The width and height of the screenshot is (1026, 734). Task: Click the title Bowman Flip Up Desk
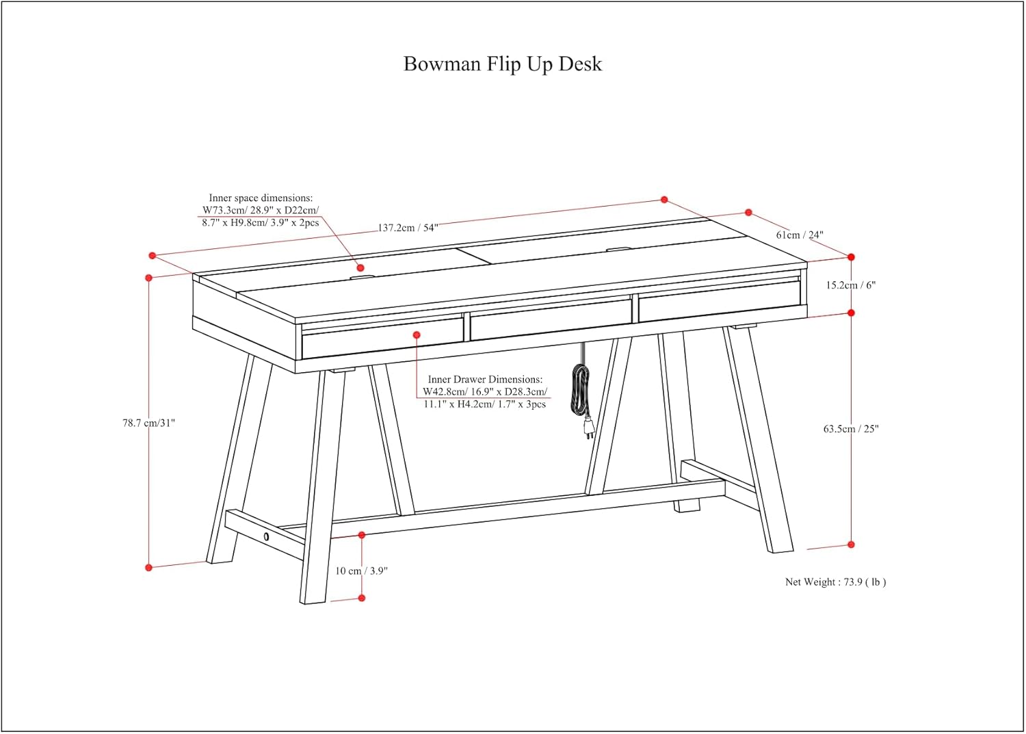pyautogui.click(x=503, y=64)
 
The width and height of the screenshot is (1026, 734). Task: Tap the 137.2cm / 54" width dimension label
pyautogui.click(x=408, y=228)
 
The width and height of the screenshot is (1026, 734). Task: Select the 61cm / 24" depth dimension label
pyautogui.click(x=800, y=235)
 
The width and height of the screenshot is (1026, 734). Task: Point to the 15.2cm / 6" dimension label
pyautogui.click(x=850, y=285)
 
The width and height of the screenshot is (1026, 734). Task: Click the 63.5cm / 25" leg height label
pyautogui.click(x=851, y=429)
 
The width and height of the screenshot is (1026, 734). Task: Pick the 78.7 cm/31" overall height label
pyautogui.click(x=149, y=423)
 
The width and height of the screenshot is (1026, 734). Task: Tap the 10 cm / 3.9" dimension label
pyautogui.click(x=361, y=571)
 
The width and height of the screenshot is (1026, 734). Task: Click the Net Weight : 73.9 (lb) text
pyautogui.click(x=835, y=582)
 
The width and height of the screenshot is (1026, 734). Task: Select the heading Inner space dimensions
pyautogui.click(x=261, y=198)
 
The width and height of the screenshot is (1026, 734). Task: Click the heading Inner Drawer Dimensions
pyautogui.click(x=485, y=379)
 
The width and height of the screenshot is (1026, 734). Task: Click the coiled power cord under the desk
pyautogui.click(x=581, y=390)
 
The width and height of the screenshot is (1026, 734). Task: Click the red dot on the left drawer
pyautogui.click(x=417, y=335)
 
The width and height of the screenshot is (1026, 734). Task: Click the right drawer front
pyautogui.click(x=720, y=307)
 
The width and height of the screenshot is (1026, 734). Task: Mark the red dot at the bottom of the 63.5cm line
pyautogui.click(x=852, y=545)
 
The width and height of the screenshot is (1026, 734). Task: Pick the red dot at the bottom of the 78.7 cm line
pyautogui.click(x=149, y=567)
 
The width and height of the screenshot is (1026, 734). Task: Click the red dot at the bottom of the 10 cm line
pyautogui.click(x=362, y=598)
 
